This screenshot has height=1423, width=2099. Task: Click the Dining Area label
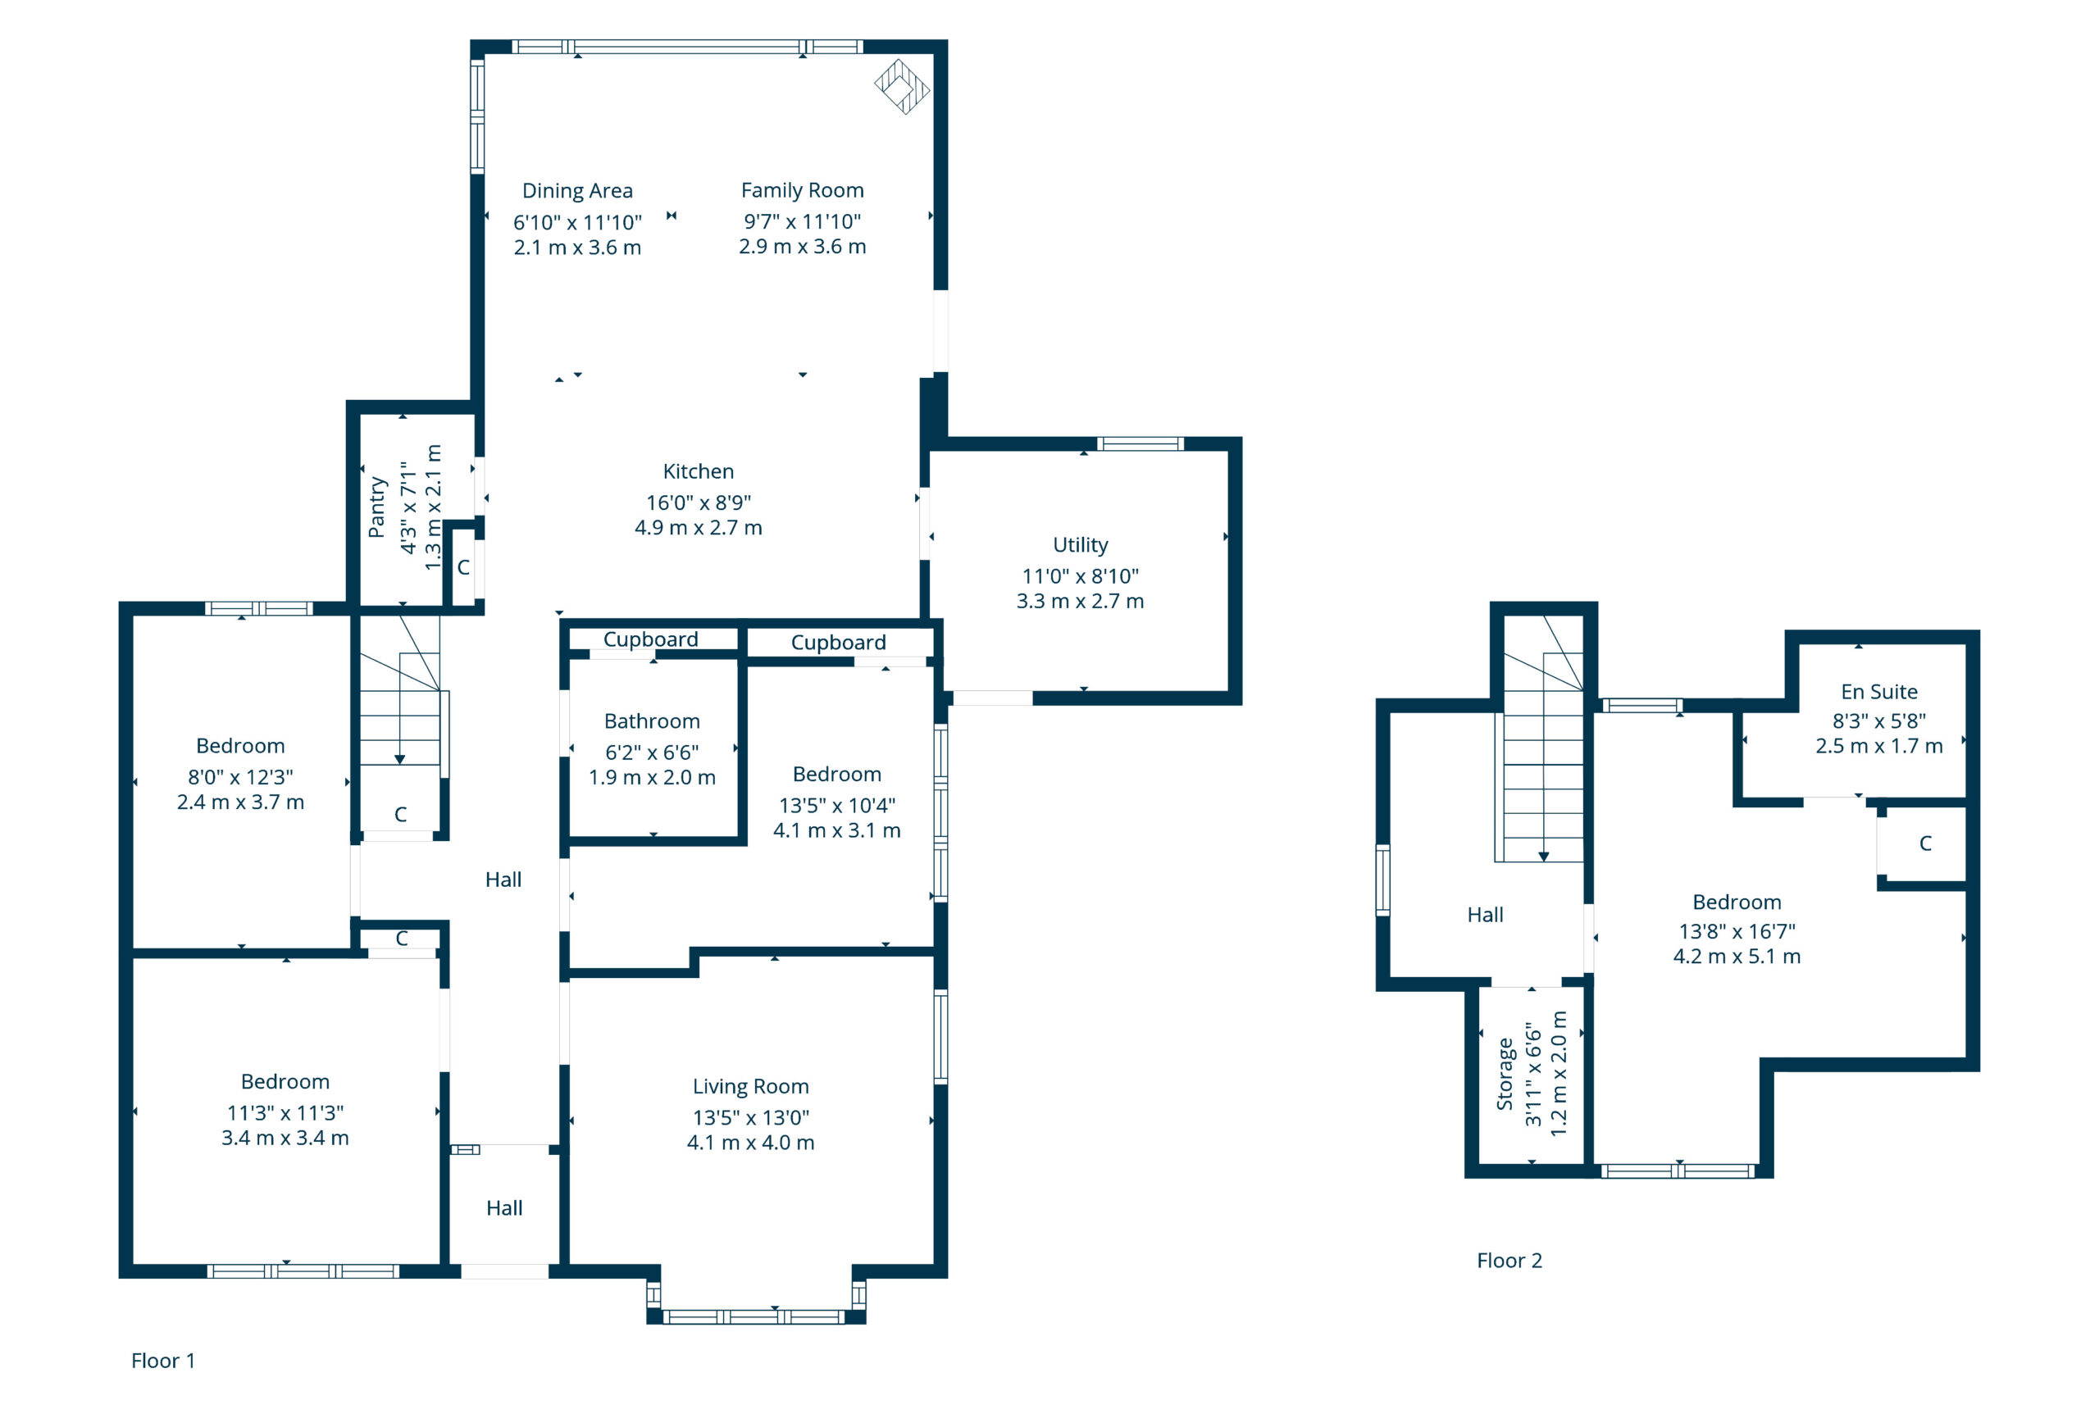click(x=577, y=190)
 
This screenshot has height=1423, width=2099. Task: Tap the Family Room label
click(x=802, y=190)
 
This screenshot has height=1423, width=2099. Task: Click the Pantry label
click(x=376, y=507)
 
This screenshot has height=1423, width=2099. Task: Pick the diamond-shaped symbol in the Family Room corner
click(x=902, y=87)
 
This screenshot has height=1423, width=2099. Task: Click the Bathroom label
click(x=652, y=721)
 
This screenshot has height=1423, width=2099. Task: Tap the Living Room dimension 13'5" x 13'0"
click(x=750, y=1117)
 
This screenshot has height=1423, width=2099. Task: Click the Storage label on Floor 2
click(x=1504, y=1074)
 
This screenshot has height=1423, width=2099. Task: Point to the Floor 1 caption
click(x=162, y=1361)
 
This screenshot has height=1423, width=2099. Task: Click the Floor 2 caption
click(x=1509, y=1261)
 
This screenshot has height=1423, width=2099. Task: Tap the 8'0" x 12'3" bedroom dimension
click(x=240, y=776)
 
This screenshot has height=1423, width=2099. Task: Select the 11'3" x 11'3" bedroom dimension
click(x=285, y=1112)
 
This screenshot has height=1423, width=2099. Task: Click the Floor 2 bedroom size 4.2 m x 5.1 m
click(x=1737, y=957)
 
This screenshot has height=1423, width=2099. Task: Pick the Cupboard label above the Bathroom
click(x=650, y=639)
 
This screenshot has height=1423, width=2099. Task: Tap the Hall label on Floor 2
click(x=1485, y=915)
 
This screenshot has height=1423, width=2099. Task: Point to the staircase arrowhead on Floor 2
click(x=1544, y=856)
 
